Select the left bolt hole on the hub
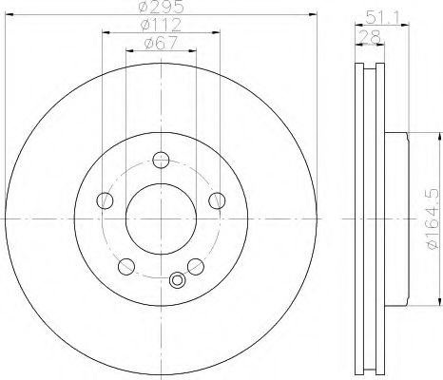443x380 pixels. pos(105,199)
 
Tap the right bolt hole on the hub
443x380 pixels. pos(217,199)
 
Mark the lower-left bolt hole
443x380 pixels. pos(126,265)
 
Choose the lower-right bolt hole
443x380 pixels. pos(195,265)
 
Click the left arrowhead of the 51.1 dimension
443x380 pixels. pos(357,24)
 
